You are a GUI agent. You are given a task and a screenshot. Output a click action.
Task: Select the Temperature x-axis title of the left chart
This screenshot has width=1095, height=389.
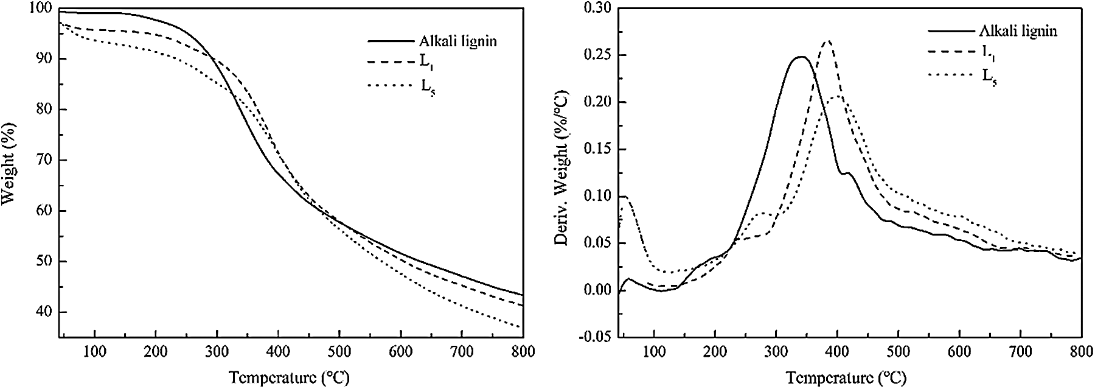click(x=290, y=377)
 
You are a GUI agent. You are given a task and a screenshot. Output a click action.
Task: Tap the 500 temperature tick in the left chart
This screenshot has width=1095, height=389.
click(x=339, y=352)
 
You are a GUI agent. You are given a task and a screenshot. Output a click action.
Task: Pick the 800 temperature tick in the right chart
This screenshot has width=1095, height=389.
click(x=1080, y=352)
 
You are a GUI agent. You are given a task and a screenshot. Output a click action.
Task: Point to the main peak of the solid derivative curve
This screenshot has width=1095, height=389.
click(x=801, y=57)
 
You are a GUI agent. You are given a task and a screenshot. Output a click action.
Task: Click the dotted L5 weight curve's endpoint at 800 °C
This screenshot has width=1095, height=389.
click(x=521, y=328)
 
